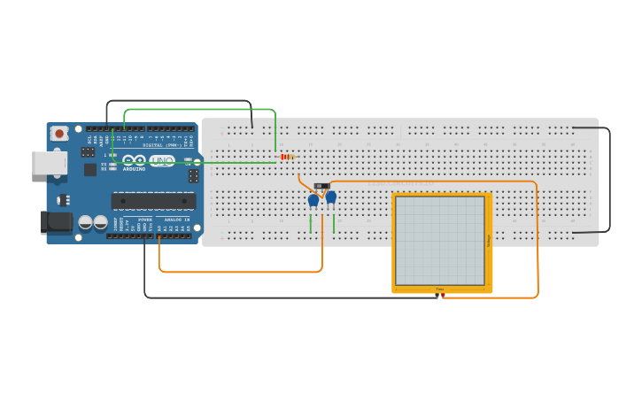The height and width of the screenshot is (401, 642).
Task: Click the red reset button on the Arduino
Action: (x=59, y=134)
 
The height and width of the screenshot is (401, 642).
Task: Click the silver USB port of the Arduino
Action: (x=49, y=163)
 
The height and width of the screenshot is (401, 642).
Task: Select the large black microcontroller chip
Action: (x=153, y=201)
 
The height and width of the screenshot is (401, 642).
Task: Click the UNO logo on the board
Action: (x=162, y=160)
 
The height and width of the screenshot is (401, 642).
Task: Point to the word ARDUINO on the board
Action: (x=134, y=168)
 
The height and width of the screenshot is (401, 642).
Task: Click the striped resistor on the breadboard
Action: (x=287, y=157)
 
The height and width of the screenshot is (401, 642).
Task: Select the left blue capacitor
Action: (x=313, y=201)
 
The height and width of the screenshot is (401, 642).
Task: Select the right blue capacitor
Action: (x=330, y=197)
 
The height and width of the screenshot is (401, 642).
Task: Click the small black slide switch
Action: (x=321, y=186)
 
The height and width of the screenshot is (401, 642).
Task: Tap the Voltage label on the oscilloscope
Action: (x=488, y=240)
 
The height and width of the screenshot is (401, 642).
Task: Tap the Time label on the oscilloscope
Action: (x=439, y=289)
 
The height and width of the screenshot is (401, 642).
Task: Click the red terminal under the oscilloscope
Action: (x=444, y=295)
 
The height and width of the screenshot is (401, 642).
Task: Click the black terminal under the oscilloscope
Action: (x=437, y=295)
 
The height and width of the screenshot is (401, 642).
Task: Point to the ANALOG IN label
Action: (x=175, y=219)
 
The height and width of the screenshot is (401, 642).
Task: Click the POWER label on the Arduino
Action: (x=145, y=219)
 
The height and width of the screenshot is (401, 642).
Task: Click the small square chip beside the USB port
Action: (x=90, y=169)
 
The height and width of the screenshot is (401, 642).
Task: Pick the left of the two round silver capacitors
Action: (x=86, y=222)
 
